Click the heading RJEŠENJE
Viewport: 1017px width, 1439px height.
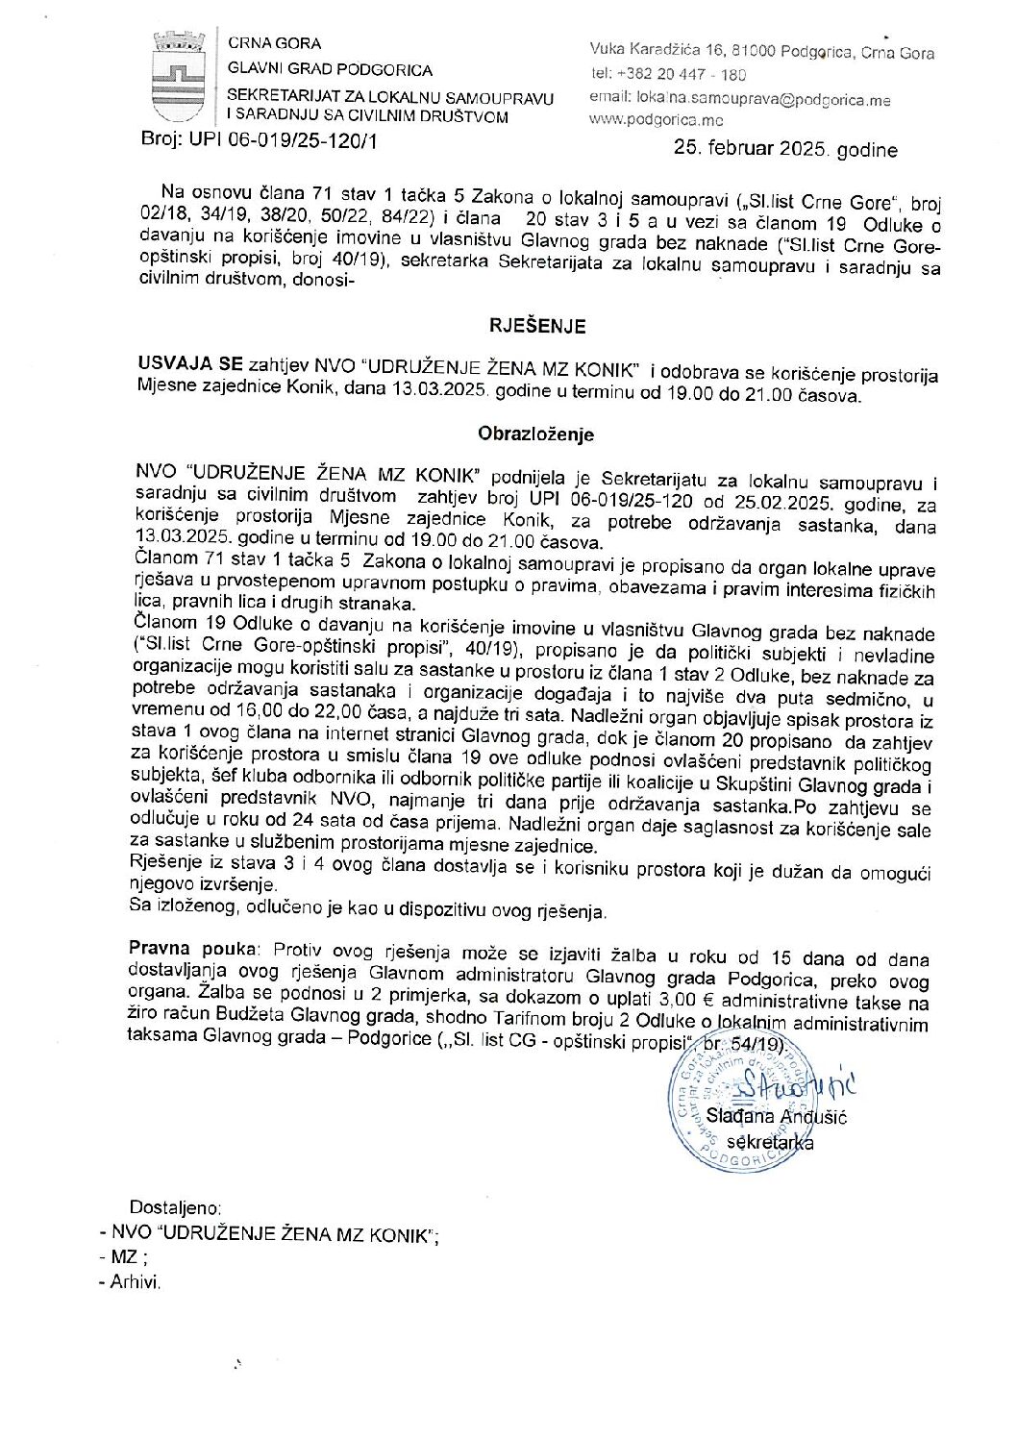[x=537, y=327]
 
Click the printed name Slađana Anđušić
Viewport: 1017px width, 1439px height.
[x=776, y=1117]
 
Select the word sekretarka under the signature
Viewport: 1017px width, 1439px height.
[x=770, y=1143]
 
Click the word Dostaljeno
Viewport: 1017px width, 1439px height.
[x=176, y=1207]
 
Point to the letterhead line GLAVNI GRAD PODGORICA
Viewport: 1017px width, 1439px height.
[x=330, y=70]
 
